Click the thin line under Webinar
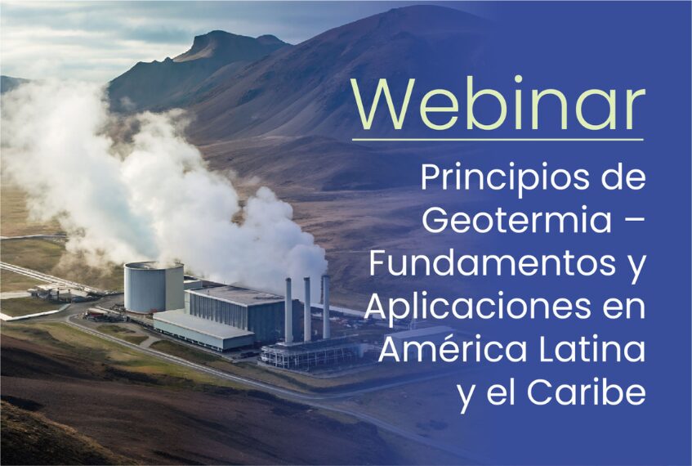tap(498, 140)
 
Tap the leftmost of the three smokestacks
tap(288, 311)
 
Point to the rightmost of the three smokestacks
tap(326, 307)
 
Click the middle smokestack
tap(307, 309)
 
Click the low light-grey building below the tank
tap(203, 330)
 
